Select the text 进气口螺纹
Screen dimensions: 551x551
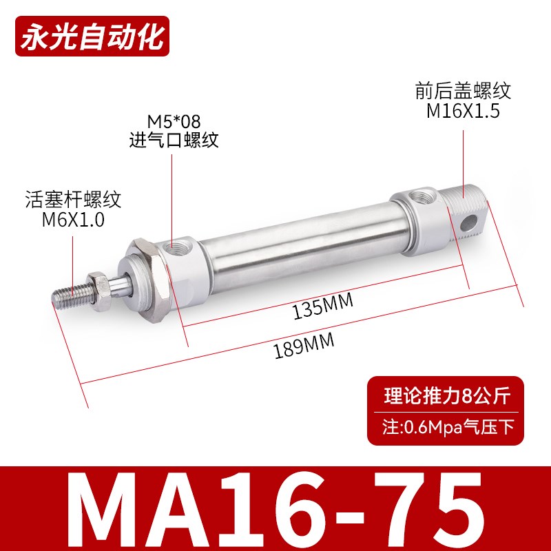click(x=174, y=141)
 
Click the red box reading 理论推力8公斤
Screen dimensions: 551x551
click(x=445, y=396)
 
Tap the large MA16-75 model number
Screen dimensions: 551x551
click(x=275, y=506)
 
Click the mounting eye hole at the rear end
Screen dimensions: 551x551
click(x=469, y=222)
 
